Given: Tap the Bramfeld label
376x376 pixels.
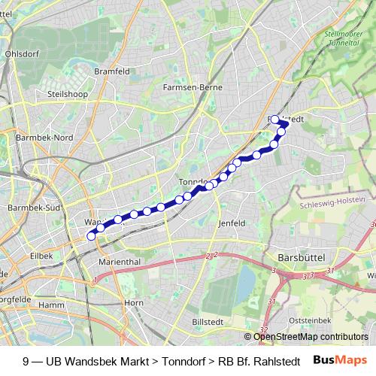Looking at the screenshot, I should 112,71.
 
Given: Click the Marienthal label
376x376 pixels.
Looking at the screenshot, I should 116,262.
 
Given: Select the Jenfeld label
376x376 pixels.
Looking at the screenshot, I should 232,223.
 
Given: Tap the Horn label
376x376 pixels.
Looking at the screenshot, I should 133,302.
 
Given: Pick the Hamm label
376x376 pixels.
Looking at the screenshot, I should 51,305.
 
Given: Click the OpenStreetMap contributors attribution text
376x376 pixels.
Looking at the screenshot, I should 311,337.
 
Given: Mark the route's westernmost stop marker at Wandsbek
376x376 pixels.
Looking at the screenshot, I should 92,236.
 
